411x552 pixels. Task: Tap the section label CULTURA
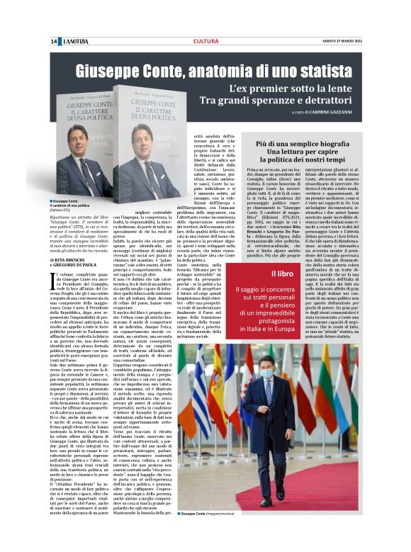click(x=205, y=42)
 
